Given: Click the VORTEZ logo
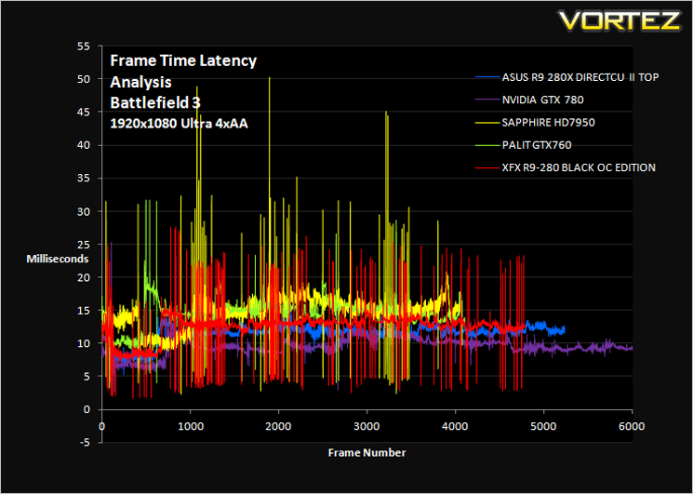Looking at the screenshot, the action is (620, 20).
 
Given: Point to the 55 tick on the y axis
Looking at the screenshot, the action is (84, 46).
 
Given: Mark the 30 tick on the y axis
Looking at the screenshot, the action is (84, 211).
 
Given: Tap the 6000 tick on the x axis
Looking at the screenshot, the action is (633, 427).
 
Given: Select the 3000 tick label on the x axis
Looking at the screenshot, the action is (366, 427).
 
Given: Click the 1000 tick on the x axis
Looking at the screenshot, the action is (190, 427).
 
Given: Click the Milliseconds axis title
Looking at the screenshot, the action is (58, 259).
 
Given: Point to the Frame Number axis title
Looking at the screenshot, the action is (366, 453).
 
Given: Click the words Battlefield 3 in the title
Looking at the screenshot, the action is (155, 102).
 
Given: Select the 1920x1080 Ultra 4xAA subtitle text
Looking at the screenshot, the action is (179, 124).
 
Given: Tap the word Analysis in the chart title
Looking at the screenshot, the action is (140, 82).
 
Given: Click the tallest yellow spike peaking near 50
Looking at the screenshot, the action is (269, 78).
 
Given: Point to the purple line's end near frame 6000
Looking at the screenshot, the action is (633, 349).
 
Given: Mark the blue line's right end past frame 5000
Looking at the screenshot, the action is (565, 329).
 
